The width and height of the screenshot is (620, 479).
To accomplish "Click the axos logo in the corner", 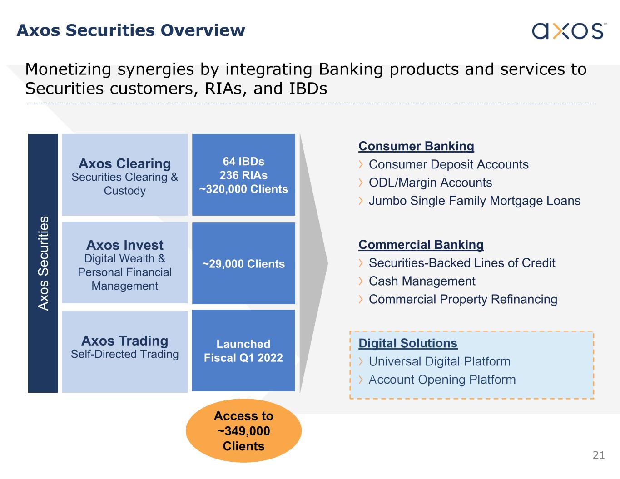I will point(568,30).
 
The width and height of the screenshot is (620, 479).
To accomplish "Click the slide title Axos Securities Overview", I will point(131,30).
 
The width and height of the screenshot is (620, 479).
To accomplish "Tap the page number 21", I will point(599,455).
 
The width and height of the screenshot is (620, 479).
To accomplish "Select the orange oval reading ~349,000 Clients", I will point(243,431).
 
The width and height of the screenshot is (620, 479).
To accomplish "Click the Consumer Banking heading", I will point(416,146).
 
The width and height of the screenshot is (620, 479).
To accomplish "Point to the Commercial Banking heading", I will point(421,245).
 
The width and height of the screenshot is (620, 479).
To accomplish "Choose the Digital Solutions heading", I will point(408,343).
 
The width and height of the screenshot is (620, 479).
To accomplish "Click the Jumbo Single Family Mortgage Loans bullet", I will point(474,201).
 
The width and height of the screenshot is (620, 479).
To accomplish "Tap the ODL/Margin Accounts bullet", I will point(430,183).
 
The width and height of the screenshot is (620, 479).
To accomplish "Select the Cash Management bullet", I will point(422,281).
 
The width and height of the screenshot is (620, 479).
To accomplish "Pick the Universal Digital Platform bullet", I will point(439,361).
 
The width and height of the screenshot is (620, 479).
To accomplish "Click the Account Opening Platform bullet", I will point(442,380).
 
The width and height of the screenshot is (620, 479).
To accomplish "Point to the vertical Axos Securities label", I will point(43,263).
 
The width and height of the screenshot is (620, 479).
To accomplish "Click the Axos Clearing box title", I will point(124,163).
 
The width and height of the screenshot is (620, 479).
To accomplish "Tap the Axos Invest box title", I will point(124,245).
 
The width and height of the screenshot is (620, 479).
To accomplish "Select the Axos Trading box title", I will point(124,341).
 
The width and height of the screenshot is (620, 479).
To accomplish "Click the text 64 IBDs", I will point(243,162).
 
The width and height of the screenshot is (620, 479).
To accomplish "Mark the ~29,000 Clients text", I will point(243,264).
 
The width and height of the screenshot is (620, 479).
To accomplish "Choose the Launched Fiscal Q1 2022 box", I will point(243,351).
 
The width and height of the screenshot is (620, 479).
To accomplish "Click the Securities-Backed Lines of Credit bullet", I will point(462,263).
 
